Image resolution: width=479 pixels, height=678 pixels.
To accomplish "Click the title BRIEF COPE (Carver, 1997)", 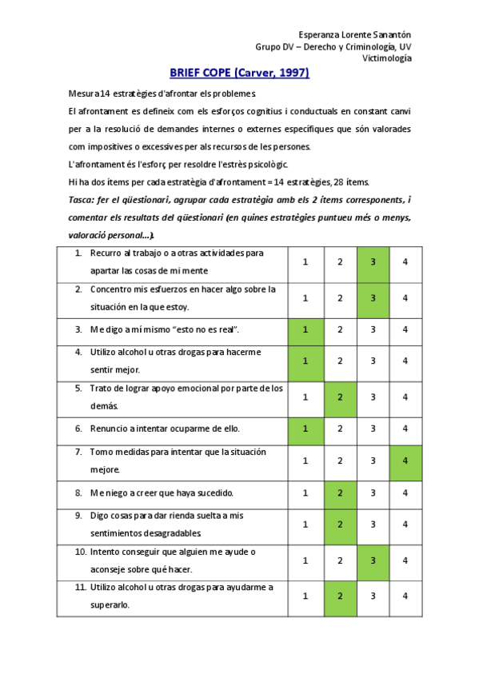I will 239,74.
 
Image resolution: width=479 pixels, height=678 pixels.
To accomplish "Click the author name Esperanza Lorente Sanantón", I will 355,34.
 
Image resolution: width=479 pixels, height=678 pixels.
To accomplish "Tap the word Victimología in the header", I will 387,58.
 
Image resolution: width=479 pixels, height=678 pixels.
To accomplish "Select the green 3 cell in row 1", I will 373,262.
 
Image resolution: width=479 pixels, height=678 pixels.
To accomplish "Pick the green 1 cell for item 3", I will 305,329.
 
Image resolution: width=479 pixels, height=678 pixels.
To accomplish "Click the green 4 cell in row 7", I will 405,461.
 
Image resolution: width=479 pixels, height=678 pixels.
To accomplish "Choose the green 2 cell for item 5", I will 340,397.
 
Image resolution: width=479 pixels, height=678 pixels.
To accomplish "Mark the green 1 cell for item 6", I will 305,428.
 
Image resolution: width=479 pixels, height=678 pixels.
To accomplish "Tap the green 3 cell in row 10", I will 373,561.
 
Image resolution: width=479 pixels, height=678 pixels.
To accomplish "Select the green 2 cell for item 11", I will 340,596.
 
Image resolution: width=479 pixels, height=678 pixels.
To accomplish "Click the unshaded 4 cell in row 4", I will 405,361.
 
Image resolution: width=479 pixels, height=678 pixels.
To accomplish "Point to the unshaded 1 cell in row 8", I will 305,493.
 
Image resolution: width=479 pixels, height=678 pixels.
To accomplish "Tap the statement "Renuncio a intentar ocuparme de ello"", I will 166,428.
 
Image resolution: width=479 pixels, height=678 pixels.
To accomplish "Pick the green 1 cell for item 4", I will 305,361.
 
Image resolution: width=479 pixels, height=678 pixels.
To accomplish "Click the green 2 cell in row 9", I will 340,524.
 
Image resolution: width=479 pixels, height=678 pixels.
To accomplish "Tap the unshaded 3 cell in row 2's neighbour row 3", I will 373,329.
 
